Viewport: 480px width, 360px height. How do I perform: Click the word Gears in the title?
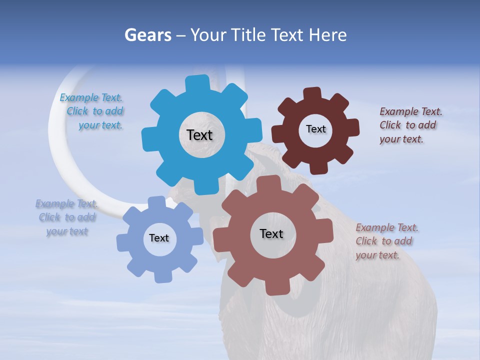coord(148,35)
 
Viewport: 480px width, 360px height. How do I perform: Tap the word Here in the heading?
coord(327,35)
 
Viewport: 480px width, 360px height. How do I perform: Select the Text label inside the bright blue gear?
coord(199,135)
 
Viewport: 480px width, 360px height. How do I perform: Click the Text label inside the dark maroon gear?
coord(315,129)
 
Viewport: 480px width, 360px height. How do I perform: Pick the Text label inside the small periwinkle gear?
coord(159,238)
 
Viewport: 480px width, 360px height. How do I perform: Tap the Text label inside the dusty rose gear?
coord(271,233)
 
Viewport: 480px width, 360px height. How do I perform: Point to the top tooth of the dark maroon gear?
coord(312,94)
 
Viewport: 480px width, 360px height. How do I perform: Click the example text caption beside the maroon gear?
coord(410,125)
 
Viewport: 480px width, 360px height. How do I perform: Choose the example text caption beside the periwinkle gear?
coord(67,217)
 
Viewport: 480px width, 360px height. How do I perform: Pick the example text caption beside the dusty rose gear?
coord(386,241)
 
